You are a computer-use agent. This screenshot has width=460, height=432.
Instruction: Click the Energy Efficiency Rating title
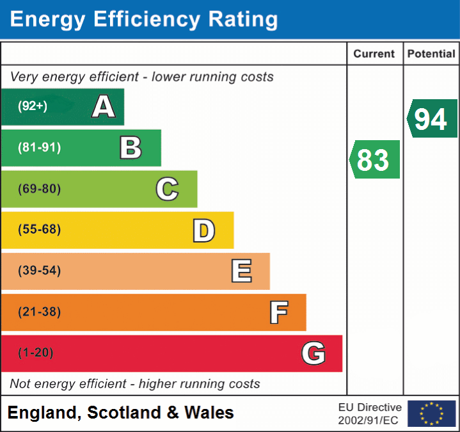[144, 20]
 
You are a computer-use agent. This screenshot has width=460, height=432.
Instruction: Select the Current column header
[374, 54]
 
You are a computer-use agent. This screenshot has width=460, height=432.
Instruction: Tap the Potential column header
[431, 54]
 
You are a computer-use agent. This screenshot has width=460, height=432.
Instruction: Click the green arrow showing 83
[375, 160]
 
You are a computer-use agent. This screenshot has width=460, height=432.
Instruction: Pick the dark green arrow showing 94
[432, 118]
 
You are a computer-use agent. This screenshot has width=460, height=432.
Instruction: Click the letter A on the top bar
[104, 107]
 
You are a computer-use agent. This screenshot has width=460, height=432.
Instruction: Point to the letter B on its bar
[131, 148]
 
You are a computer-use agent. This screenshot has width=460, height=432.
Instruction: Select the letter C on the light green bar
[167, 189]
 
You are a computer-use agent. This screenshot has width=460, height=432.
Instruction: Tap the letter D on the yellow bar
[203, 230]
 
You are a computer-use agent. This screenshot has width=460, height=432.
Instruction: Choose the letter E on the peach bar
[241, 271]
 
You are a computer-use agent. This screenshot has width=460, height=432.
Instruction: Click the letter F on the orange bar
[278, 312]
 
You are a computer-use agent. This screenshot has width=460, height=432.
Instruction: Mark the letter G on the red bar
[313, 353]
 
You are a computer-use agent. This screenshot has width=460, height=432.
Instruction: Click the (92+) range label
[33, 106]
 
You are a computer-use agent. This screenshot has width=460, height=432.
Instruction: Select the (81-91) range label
[40, 148]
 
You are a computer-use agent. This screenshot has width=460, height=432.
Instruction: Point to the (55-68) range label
[40, 230]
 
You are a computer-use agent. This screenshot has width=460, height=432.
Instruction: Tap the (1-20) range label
[36, 353]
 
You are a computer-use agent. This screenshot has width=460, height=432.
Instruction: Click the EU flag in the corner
[431, 413]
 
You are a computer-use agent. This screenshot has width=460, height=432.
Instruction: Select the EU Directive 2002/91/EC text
[370, 413]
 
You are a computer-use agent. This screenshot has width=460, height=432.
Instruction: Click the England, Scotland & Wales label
[121, 413]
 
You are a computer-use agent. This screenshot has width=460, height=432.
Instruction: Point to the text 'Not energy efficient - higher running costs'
[135, 384]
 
